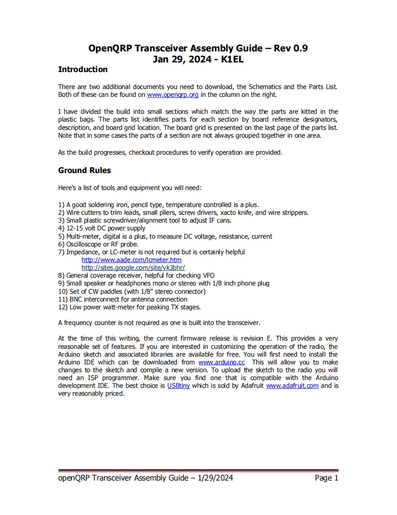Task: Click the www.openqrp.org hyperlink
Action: coord(173,95)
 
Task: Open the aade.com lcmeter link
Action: coord(131,260)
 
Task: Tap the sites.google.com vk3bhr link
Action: coord(133,268)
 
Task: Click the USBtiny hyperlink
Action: coord(178,386)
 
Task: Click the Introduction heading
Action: coord(83,70)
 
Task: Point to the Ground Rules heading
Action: coord(84,170)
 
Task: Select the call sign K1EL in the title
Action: coord(232,59)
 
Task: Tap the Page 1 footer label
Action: coord(326,478)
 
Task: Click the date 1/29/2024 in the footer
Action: coord(215,478)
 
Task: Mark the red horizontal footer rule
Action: coord(198,470)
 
